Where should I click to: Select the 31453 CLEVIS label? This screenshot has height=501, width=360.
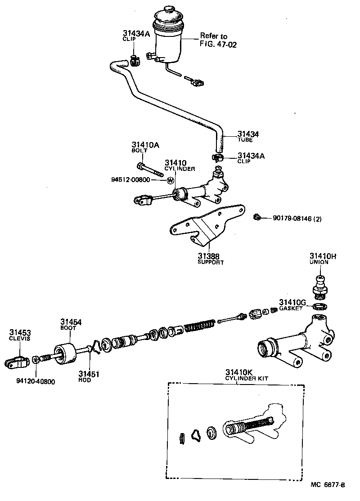[20, 335]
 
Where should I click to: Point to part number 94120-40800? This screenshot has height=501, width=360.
[36, 382]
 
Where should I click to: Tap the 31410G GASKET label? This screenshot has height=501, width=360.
[292, 304]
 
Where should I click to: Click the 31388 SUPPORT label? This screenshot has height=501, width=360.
[211, 259]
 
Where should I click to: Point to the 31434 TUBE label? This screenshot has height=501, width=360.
[248, 136]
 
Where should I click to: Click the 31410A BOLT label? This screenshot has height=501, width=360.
[143, 147]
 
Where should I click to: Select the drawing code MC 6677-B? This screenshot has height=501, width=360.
[328, 485]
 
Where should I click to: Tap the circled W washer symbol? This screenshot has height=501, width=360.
[171, 180]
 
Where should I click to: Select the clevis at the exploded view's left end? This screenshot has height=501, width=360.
[17, 360]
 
